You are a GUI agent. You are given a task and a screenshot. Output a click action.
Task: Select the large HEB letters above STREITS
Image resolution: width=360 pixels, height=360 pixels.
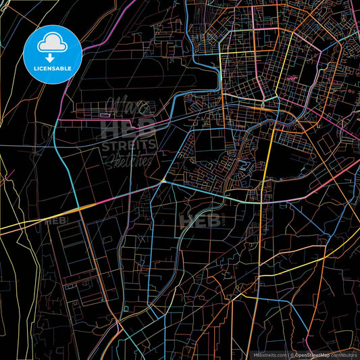pos(127,128)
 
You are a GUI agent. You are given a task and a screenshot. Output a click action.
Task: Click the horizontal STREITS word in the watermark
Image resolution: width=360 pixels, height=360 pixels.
pos(128,145)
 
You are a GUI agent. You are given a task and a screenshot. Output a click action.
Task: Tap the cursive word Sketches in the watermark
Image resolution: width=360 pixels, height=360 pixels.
pos(128,160)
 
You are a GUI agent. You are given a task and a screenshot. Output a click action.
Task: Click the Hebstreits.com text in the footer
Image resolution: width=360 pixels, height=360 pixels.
pos(267,354)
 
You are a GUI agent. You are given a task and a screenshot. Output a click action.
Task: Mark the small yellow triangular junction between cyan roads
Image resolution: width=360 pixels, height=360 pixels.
pos(164,181)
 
